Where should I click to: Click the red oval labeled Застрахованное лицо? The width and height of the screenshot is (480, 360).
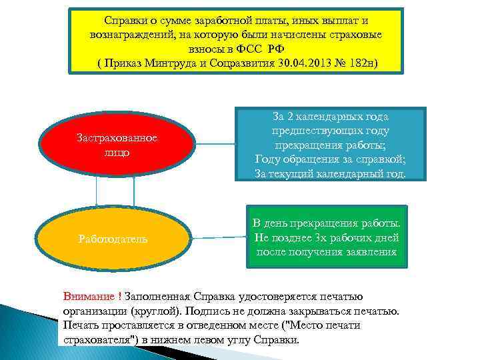coord(117,145)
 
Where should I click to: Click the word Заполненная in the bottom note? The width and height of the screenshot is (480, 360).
coord(157,296)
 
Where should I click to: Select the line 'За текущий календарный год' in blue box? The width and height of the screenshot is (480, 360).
coord(330,173)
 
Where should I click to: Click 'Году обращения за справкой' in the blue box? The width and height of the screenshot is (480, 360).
coord(330,159)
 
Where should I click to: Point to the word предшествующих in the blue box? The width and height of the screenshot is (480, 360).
coord(331,130)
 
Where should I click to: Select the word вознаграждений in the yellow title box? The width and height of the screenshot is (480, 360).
coord(129,35)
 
